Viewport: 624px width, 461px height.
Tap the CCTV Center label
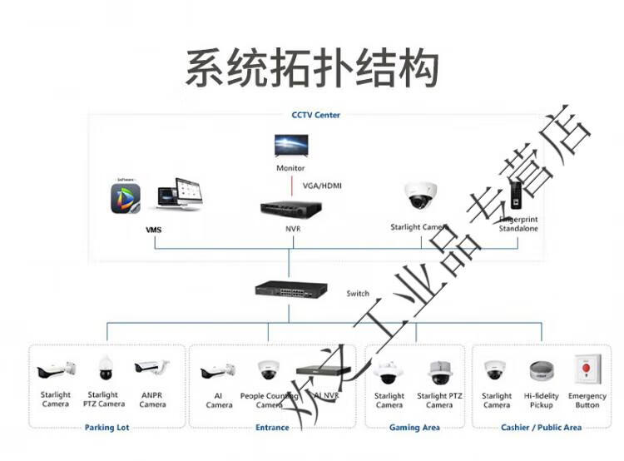(315, 115)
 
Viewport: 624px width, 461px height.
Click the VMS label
(153, 229)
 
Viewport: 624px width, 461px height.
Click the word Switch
(358, 294)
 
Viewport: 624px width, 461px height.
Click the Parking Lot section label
(106, 428)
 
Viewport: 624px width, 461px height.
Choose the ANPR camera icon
(152, 368)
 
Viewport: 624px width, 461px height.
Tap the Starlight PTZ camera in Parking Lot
(104, 369)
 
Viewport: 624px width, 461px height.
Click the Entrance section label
(272, 428)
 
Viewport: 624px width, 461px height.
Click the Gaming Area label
(414, 428)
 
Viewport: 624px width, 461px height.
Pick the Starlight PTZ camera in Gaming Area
(439, 372)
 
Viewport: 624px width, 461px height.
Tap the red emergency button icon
(587, 369)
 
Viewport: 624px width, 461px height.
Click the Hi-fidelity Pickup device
(542, 370)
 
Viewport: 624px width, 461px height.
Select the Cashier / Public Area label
(541, 428)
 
